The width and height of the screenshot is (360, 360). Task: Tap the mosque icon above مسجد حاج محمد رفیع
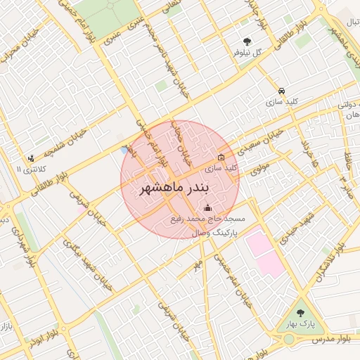click(207, 208)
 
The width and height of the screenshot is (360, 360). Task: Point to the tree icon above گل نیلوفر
click(247, 41)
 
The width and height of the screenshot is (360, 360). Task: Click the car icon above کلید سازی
click(281, 91)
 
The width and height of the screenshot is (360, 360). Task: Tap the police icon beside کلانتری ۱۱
click(30, 159)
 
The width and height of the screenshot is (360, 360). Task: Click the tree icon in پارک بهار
click(301, 312)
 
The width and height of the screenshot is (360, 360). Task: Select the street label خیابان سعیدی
click(264, 141)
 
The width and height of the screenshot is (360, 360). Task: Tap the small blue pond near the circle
click(124, 150)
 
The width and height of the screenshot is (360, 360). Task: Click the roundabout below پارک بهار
click(290, 340)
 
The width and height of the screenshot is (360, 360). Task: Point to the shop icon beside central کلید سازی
click(221, 157)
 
